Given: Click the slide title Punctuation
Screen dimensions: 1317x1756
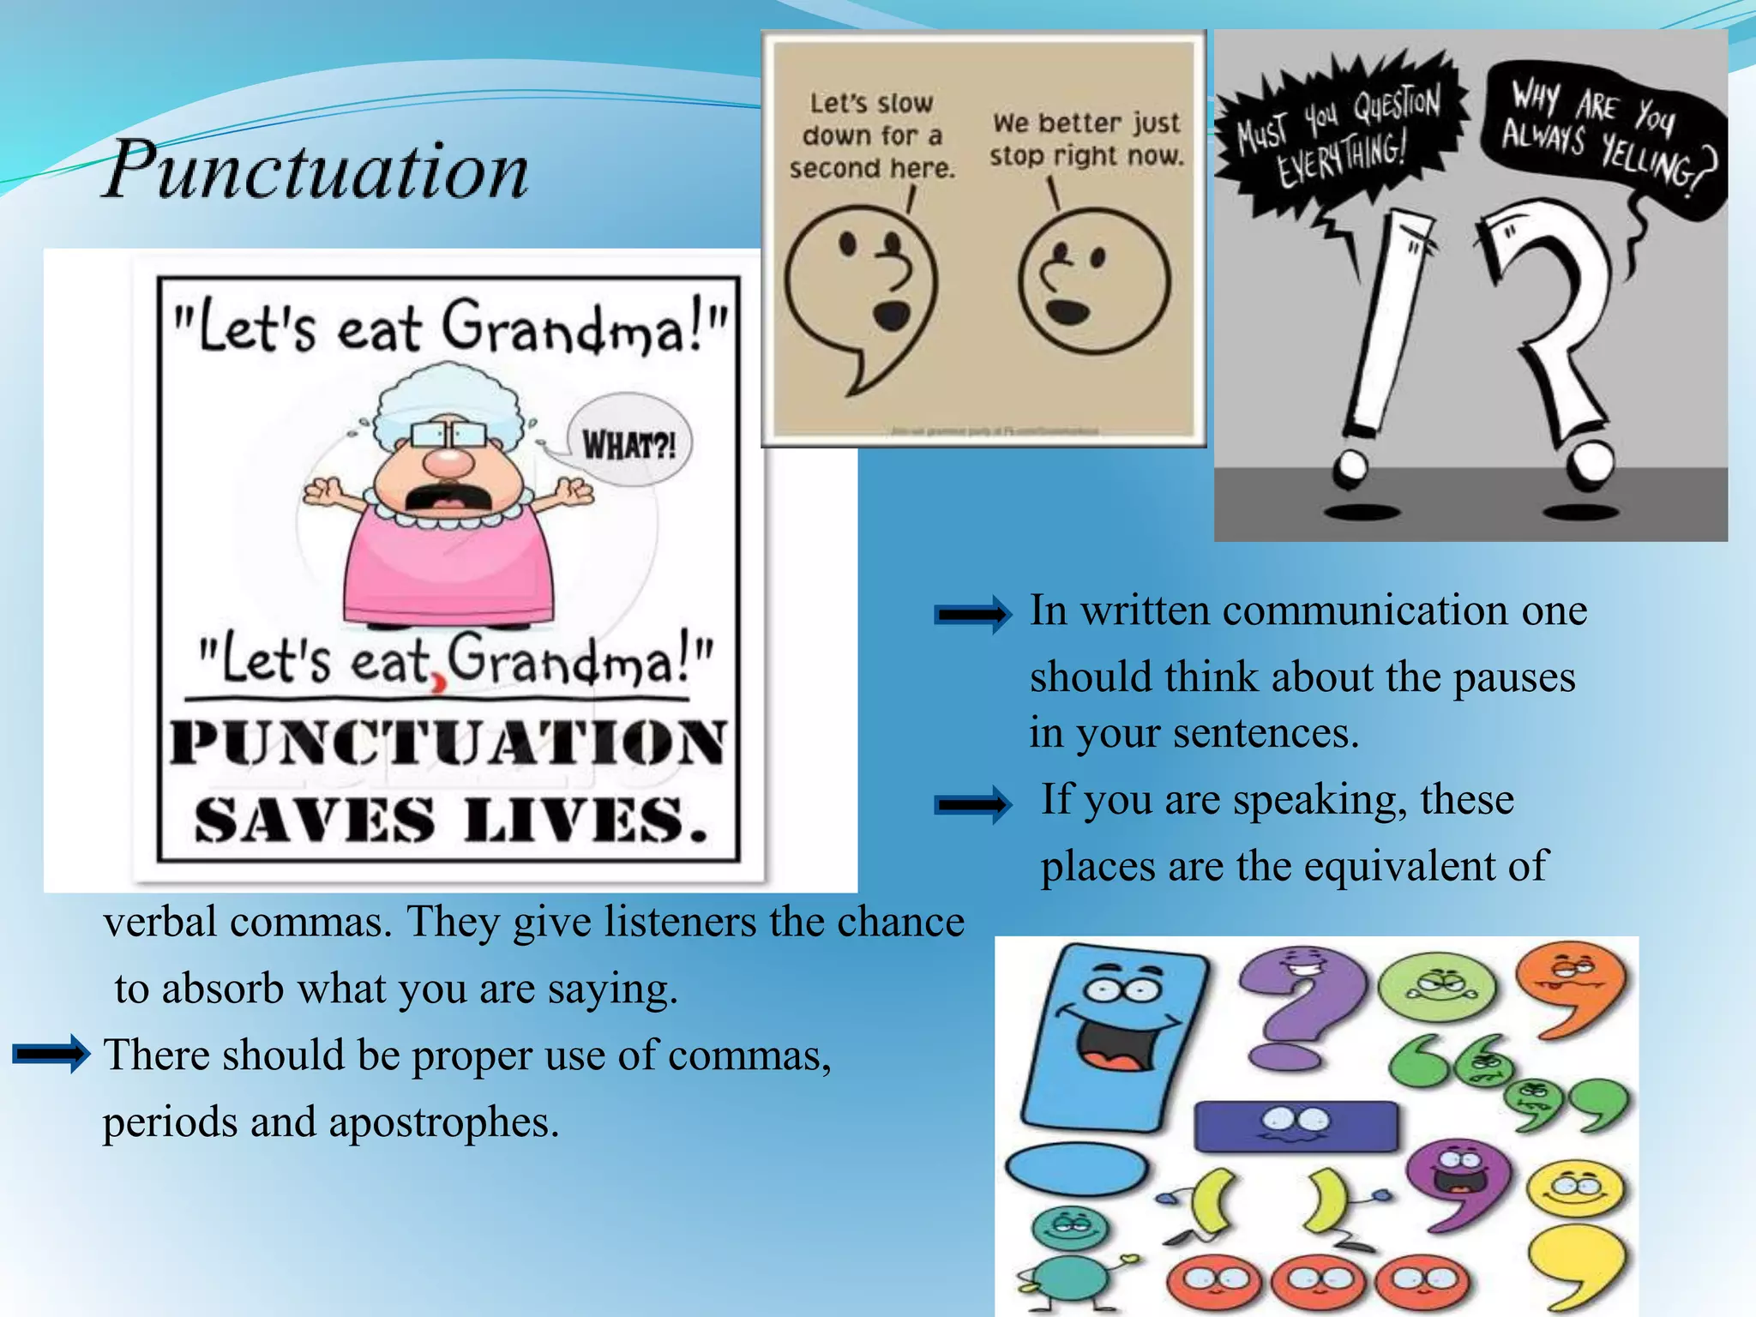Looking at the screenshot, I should [x=316, y=169].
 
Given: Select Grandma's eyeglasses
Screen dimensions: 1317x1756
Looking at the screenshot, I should [x=447, y=434].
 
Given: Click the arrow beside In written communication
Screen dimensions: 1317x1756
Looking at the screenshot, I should [x=972, y=614].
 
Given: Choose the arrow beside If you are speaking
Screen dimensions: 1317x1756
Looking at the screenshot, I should [x=972, y=804].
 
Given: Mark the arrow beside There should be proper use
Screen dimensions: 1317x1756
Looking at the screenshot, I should [x=51, y=1054].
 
